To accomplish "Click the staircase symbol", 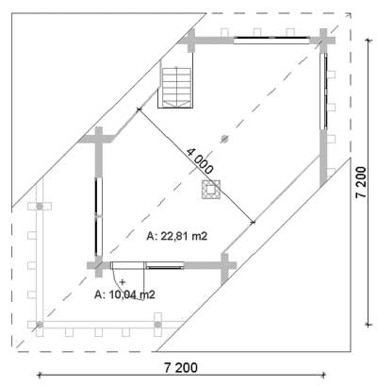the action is [x=177, y=88].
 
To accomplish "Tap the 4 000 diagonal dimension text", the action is [x=200, y=161].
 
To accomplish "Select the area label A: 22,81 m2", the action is [x=177, y=236].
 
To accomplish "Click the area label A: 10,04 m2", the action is [x=124, y=294].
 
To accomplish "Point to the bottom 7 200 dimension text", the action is [x=181, y=367].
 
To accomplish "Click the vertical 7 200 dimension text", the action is [x=361, y=182].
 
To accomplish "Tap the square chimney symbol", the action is [x=210, y=189].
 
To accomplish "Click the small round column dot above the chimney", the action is [x=224, y=138].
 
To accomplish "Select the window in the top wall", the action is [x=271, y=41].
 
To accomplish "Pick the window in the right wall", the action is [x=324, y=92].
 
